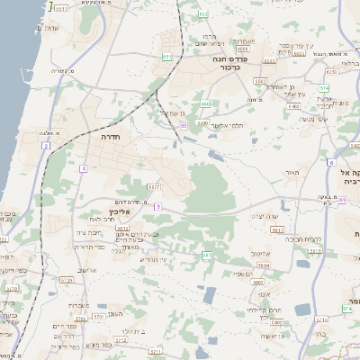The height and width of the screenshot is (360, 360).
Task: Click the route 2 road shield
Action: (45, 145)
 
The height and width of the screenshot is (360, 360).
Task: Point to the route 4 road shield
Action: (83, 168)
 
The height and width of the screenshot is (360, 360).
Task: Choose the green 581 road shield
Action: (207, 256)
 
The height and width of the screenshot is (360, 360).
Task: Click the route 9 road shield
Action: (157, 206)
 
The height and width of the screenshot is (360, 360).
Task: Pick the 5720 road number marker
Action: (66, 280)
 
